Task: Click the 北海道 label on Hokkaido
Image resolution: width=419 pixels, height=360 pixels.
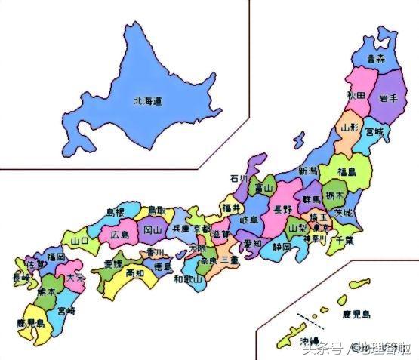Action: pyautogui.click(x=149, y=101)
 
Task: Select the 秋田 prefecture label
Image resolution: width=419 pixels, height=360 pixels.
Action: pyautogui.click(x=357, y=95)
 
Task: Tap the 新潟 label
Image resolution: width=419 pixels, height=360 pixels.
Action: pyautogui.click(x=308, y=171)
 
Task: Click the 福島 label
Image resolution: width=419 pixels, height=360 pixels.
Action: pyautogui.click(x=347, y=171)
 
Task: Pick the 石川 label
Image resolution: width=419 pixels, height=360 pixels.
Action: pyautogui.click(x=239, y=180)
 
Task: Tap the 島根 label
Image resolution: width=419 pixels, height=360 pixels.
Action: pyautogui.click(x=116, y=213)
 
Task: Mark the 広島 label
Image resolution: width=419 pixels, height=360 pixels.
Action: pyautogui.click(x=120, y=235)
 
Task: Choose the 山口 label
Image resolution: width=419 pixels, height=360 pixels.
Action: pyautogui.click(x=79, y=241)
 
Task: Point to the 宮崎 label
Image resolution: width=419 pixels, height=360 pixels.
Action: pyautogui.click(x=66, y=309)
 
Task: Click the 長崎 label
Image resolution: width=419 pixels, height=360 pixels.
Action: pyautogui.click(x=22, y=278)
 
